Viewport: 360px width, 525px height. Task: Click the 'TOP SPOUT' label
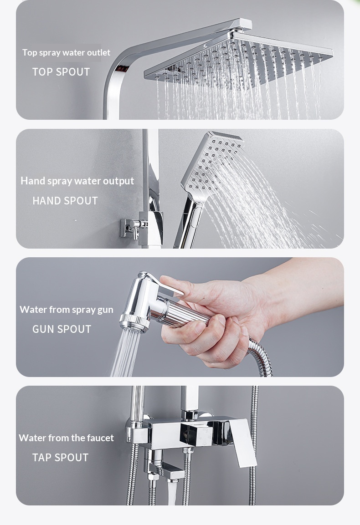coord(61,71)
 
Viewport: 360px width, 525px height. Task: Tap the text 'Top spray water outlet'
coord(67,52)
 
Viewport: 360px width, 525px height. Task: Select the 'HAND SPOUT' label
coord(65,200)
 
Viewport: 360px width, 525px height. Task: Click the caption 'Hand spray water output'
coord(77,181)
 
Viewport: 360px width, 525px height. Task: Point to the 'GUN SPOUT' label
coord(62,329)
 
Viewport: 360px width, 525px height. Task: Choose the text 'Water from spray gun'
coord(67,310)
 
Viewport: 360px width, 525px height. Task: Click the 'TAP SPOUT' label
coord(60,457)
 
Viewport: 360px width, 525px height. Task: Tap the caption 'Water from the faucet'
coord(67,438)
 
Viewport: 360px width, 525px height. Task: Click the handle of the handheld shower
coord(188,223)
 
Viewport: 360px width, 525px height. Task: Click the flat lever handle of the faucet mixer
coord(242,442)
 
